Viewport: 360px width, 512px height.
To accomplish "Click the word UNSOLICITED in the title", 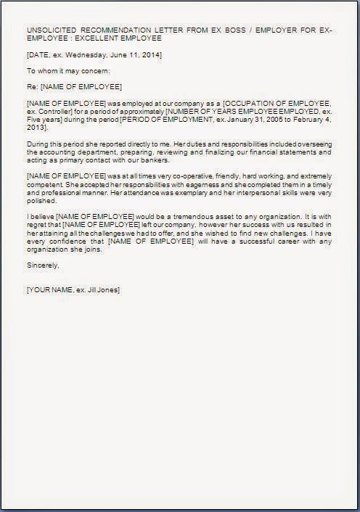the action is tap(51, 31).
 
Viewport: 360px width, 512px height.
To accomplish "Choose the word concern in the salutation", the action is tap(94, 71).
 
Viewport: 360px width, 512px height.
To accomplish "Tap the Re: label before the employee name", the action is tap(31, 88).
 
